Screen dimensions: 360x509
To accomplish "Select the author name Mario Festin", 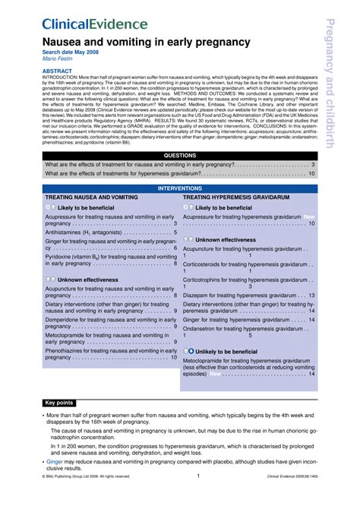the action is [59, 58].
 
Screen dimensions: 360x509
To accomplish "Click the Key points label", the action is [60, 403].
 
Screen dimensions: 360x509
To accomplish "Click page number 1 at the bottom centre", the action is [197, 476].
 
